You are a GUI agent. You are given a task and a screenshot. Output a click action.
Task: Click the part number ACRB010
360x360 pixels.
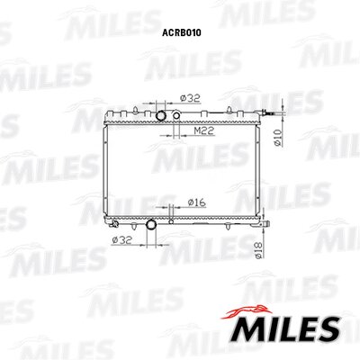coord(182,32)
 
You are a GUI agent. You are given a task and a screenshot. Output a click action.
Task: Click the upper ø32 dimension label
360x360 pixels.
coord(190,98)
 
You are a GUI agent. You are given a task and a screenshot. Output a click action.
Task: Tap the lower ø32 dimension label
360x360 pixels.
coord(121,240)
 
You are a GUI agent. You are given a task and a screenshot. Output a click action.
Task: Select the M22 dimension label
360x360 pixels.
coord(204,130)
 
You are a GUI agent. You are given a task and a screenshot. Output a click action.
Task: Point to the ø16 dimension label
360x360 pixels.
coord(197,202)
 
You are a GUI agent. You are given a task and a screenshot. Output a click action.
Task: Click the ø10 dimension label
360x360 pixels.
coord(278,138)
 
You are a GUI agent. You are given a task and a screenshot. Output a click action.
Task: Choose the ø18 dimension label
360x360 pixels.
coord(258,251)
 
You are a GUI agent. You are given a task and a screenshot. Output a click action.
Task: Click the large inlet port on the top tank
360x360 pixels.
coord(161,115)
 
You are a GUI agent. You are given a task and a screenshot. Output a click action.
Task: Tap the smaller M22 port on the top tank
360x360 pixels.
coord(176,115)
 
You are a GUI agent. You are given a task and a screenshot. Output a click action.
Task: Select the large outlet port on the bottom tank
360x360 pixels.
coord(151,224)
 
